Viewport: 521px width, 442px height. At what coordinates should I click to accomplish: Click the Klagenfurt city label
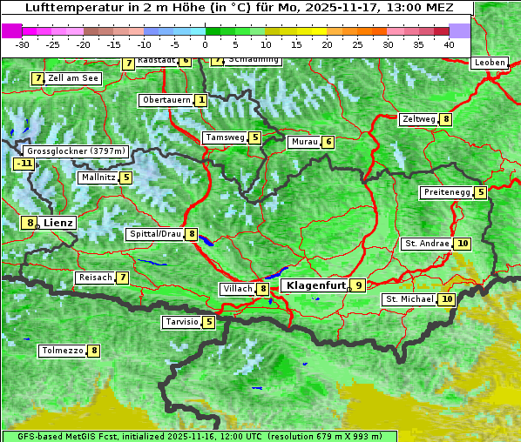pos(313,285)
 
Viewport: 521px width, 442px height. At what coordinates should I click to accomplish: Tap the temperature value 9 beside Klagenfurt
pos(357,285)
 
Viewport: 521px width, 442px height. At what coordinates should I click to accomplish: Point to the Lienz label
pos(58,223)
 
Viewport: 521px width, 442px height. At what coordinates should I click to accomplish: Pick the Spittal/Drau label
pos(154,234)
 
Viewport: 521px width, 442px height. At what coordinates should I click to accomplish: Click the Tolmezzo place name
pos(62,351)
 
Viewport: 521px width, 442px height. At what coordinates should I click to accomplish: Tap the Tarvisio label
pos(180,322)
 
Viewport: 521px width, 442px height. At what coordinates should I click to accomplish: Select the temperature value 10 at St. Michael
pos(447,299)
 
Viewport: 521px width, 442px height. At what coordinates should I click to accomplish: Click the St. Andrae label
pos(426,244)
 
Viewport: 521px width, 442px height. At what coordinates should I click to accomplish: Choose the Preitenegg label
pos(447,192)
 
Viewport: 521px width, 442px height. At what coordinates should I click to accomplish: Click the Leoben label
pos(489,63)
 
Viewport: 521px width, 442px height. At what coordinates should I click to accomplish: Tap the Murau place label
pos(303,142)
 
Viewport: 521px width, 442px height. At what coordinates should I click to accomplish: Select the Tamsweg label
pos(224,137)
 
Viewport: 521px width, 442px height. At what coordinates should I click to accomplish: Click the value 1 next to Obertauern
pos(201,100)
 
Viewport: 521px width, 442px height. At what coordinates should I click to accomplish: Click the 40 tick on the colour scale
pos(449,44)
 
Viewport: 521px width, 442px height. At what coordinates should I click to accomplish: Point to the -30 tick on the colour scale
pos(23,44)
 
